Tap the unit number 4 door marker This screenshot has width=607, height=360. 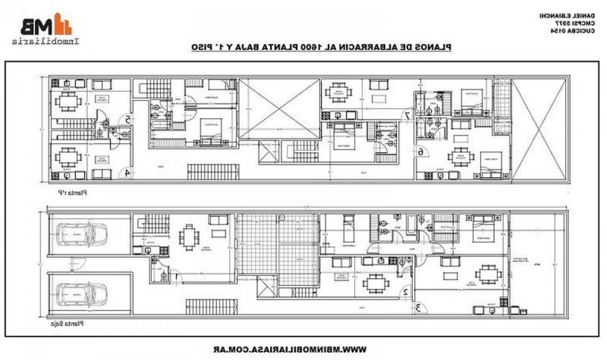point(127,173)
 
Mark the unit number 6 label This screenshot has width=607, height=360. point(420,152)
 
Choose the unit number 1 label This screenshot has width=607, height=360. point(176,276)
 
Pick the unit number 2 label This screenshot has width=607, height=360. point(405,292)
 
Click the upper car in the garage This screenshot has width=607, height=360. point(81,234)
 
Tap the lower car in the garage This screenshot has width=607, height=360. point(81,294)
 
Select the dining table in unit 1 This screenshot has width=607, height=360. point(189,237)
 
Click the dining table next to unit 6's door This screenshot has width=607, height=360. point(461,157)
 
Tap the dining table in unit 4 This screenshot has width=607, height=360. point(68,157)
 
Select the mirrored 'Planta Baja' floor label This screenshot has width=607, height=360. point(67,324)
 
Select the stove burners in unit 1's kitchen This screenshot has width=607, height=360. point(163,250)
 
